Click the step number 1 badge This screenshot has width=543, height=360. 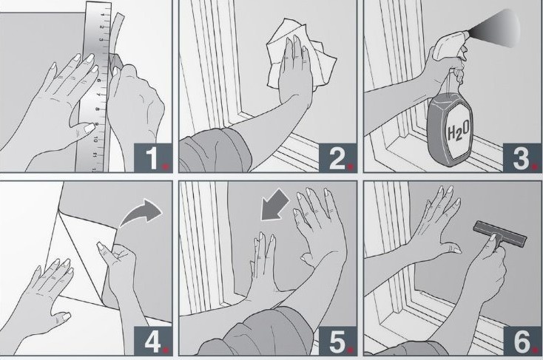tap(152, 157)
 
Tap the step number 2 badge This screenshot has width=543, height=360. tap(337, 157)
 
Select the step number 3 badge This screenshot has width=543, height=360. tap(522, 157)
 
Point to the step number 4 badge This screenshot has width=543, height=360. tap(152, 341)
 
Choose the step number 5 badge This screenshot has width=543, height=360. tap(337, 341)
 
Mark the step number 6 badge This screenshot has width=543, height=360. tap(522, 341)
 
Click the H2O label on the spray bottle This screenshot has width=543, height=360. tap(459, 132)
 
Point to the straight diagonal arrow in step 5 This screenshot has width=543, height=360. tap(275, 206)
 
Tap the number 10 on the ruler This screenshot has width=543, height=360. tap(95, 140)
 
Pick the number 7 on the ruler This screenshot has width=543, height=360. tap(98, 95)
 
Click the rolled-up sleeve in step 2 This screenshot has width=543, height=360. tap(215, 152)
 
